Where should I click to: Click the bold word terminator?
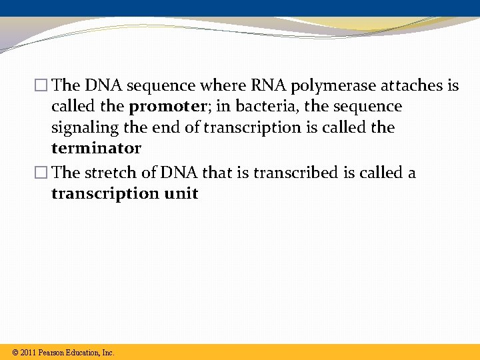[96, 148]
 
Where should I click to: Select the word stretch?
[109, 173]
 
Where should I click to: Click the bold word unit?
[181, 193]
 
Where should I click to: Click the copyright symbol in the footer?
[15, 352]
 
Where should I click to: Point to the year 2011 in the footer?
[28, 352]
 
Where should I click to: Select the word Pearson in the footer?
[52, 352]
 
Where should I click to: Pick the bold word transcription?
[105, 193]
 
